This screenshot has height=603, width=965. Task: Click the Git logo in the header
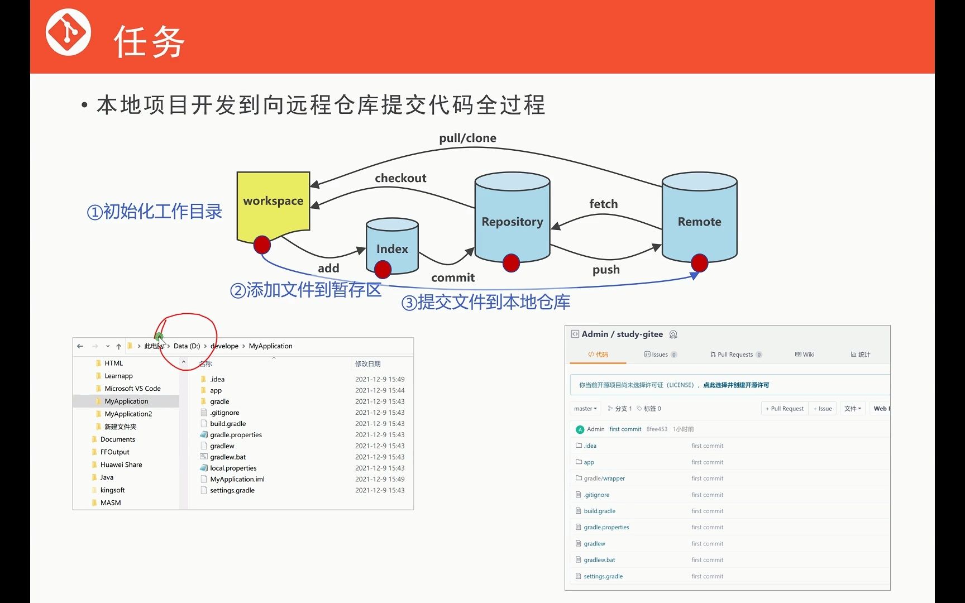point(68,32)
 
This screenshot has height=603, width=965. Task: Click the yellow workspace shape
point(273,204)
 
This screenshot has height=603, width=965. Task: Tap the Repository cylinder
point(512,221)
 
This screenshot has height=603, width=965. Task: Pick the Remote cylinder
point(699,221)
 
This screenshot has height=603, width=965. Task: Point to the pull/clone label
point(467,138)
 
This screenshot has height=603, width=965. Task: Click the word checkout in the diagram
point(400,178)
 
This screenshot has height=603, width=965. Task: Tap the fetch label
point(603,204)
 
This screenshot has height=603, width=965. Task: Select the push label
point(606,270)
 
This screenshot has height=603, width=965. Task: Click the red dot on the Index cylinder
point(383,270)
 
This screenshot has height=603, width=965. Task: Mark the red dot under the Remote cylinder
point(699,262)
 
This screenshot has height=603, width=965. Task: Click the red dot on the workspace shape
point(262,245)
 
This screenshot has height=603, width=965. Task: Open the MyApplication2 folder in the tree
point(128,414)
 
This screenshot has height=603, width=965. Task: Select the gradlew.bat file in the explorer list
point(228,457)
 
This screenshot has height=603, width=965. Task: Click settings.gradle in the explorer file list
point(232,490)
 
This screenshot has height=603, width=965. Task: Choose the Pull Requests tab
point(735,355)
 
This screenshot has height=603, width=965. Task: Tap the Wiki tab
point(805,355)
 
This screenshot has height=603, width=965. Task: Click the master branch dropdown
point(585,409)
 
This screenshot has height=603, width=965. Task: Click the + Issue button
point(823,409)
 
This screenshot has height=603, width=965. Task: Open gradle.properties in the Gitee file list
point(606,527)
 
